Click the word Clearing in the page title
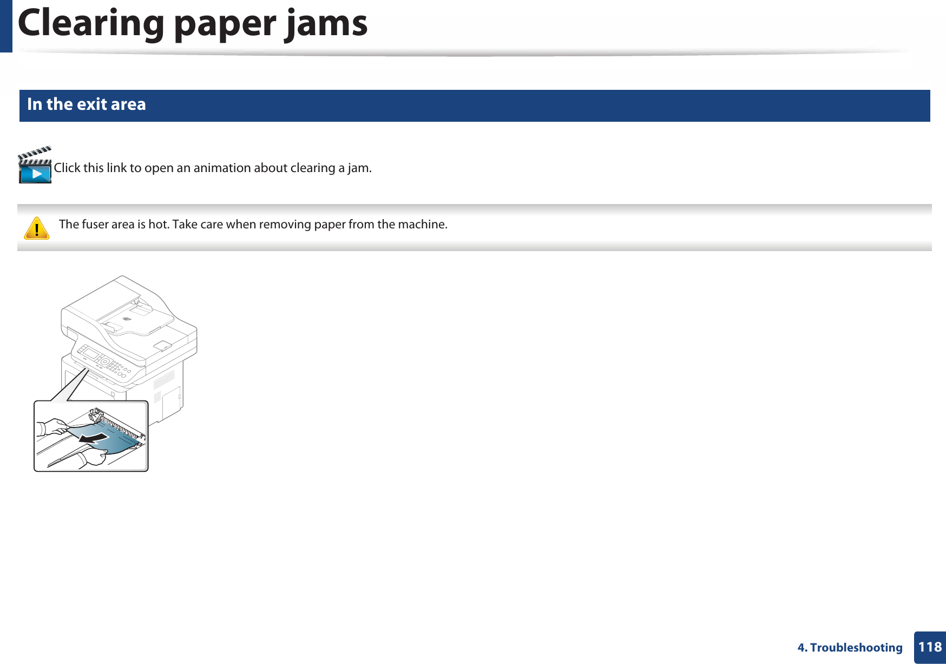90,24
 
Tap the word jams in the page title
326,24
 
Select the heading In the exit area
87,104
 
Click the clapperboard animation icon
35,166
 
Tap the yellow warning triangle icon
37,228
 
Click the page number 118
930,647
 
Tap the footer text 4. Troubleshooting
850,648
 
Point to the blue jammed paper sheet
116,441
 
